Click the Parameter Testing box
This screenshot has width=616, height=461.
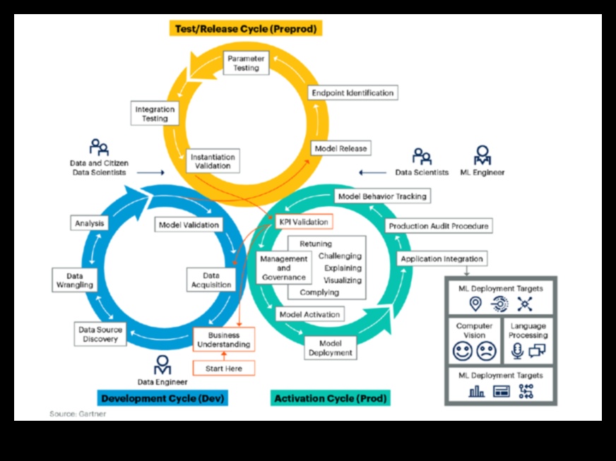246,63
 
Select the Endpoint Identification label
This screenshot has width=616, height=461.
353,92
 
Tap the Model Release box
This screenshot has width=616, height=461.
340,148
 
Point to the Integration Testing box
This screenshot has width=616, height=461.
155,114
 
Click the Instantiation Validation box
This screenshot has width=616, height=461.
213,161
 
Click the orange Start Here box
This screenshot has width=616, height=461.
223,368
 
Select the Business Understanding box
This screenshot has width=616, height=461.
223,340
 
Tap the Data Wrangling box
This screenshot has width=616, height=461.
75,280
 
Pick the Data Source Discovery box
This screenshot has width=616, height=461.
100,334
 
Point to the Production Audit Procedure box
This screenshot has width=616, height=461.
438,226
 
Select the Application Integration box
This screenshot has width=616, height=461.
442,259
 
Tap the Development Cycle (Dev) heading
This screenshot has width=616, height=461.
162,398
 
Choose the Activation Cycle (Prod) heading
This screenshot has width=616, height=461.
330,398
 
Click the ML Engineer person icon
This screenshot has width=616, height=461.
483,155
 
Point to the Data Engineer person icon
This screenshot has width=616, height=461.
162,365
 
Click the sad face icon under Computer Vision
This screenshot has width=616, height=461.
486,351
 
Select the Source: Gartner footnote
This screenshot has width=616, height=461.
78,414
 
